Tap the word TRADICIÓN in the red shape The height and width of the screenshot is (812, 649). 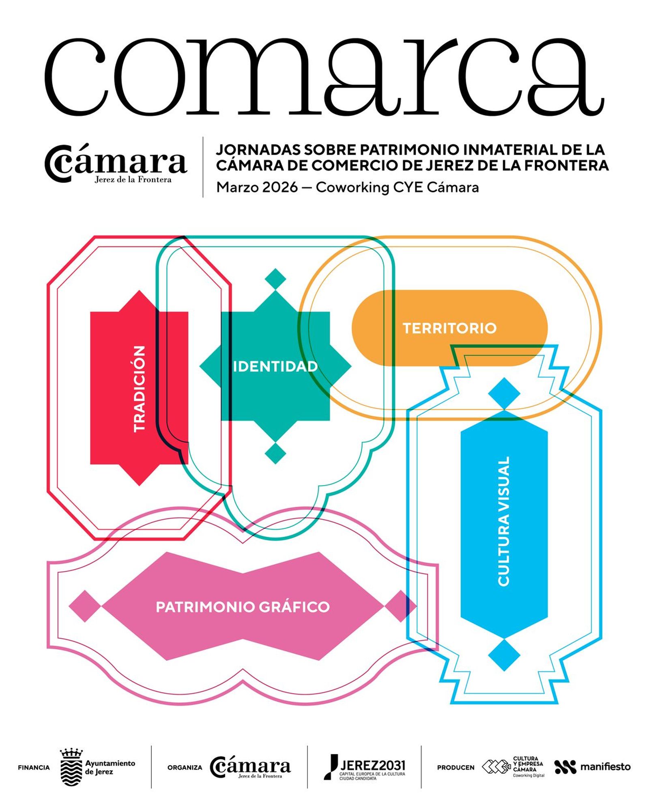click(139, 389)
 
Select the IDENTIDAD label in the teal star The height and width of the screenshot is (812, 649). click(275, 367)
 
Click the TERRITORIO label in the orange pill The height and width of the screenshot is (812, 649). click(449, 328)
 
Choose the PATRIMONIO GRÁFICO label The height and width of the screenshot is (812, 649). click(243, 607)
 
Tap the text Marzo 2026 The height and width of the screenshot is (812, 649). click(257, 188)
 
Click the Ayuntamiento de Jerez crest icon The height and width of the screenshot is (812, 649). click(71, 767)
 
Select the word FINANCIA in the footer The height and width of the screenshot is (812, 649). click(34, 768)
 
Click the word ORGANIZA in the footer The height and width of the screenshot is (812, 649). click(185, 768)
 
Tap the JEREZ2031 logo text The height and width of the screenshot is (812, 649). click(372, 765)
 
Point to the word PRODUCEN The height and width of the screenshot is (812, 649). click(456, 768)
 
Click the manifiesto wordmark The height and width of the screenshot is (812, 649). click(605, 767)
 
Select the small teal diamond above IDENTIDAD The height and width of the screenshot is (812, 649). click(275, 279)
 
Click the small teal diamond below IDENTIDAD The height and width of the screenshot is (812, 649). click(275, 453)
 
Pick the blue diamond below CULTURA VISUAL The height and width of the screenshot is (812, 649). click(504, 655)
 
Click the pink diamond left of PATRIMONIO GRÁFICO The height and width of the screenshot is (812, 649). click(84, 606)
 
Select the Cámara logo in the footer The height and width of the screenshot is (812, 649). click(250, 767)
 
